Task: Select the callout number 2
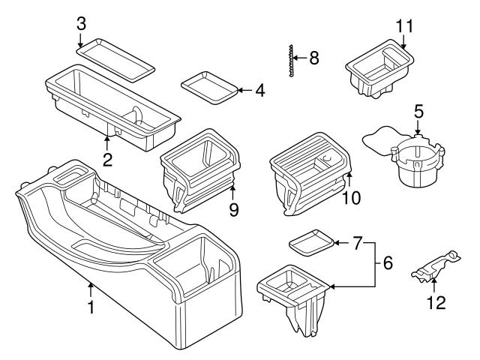click(107, 159)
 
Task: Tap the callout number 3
click(82, 22)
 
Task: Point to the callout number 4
click(259, 91)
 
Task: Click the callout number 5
click(418, 110)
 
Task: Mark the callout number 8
click(314, 56)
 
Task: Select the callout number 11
click(404, 26)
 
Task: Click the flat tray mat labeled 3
click(116, 57)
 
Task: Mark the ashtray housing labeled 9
click(199, 169)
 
